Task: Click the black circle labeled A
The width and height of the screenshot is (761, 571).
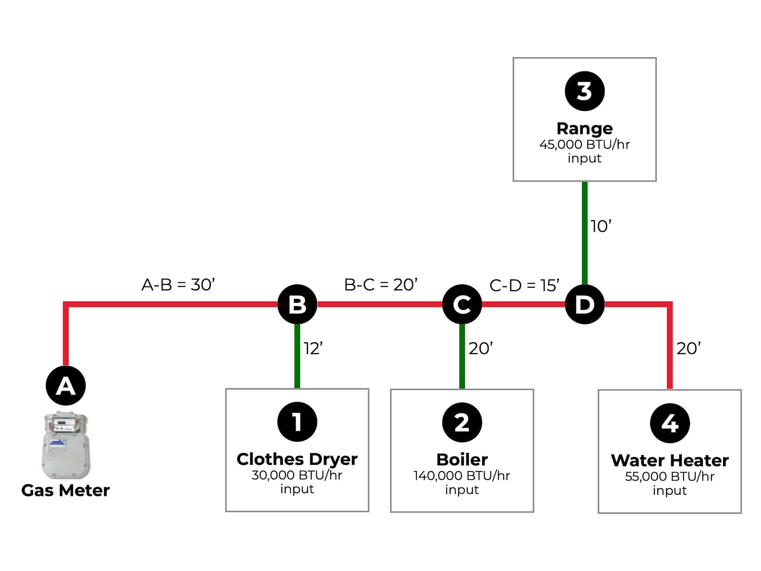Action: pyautogui.click(x=66, y=385)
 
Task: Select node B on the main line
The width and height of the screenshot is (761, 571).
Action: pyautogui.click(x=297, y=304)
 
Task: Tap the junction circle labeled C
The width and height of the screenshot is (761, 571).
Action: pyautogui.click(x=462, y=304)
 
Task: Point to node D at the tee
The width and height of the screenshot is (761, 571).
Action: pyautogui.click(x=585, y=304)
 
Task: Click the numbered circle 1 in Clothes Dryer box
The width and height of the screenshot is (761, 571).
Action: pyautogui.click(x=297, y=422)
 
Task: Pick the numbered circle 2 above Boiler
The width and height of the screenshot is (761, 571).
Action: pyautogui.click(x=462, y=422)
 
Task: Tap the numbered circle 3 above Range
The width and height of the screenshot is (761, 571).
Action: pyautogui.click(x=585, y=91)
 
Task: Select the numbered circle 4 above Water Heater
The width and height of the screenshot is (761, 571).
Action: pyautogui.click(x=670, y=423)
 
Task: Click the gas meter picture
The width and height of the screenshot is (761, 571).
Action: pyautogui.click(x=66, y=445)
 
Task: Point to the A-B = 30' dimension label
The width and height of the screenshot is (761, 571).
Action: pyautogui.click(x=178, y=285)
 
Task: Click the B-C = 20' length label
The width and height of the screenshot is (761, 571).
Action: pyautogui.click(x=380, y=285)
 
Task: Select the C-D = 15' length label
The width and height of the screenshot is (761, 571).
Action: pyautogui.click(x=524, y=285)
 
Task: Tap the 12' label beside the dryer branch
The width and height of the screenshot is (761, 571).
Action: pyautogui.click(x=313, y=349)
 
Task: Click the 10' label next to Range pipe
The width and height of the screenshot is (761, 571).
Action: pyautogui.click(x=601, y=226)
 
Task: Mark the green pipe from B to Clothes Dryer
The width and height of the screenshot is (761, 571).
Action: pyautogui.click(x=297, y=356)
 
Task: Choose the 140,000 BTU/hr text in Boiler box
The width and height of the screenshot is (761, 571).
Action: pyautogui.click(x=462, y=475)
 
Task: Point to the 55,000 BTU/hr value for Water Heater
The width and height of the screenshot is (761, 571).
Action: pyautogui.click(x=670, y=476)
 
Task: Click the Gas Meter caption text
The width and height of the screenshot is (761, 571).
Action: pyautogui.click(x=65, y=491)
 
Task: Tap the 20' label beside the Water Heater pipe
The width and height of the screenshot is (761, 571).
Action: pyautogui.click(x=688, y=349)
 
